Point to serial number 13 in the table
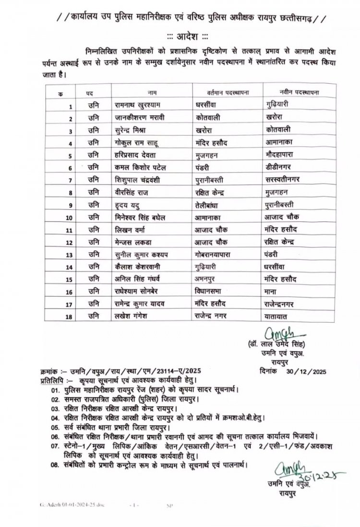click(70, 255)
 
